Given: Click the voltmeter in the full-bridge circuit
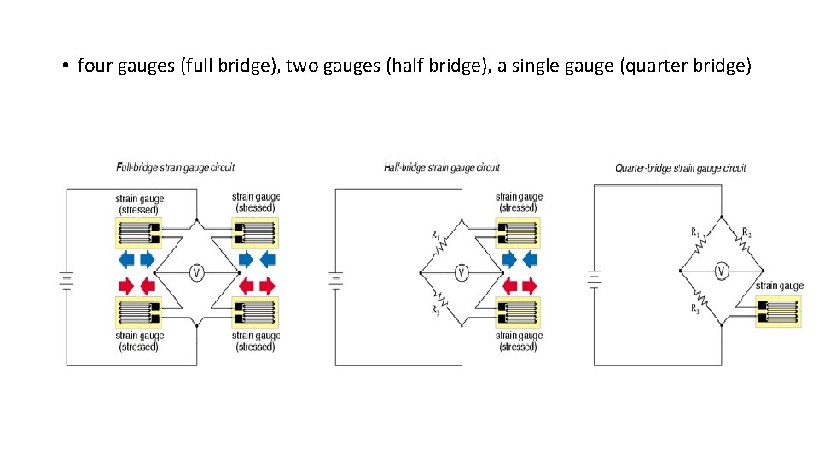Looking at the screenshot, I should (196, 273).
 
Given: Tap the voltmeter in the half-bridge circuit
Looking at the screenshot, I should (461, 273).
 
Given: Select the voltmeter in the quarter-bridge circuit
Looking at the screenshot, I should (722, 272).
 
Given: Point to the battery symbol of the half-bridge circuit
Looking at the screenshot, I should (335, 279).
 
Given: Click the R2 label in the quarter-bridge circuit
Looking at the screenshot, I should (746, 232).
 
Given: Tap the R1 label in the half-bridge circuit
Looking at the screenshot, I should (435, 233).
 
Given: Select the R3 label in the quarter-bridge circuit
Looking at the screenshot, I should (695, 309).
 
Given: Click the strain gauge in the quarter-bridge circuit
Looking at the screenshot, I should (779, 312).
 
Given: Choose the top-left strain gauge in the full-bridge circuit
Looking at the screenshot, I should (137, 232).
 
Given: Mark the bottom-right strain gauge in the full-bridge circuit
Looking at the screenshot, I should (255, 312).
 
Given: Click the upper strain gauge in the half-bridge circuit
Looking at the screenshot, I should (518, 232).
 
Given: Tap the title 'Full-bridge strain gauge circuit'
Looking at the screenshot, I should (176, 167).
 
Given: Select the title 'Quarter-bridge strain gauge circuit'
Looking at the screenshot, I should (681, 168).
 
